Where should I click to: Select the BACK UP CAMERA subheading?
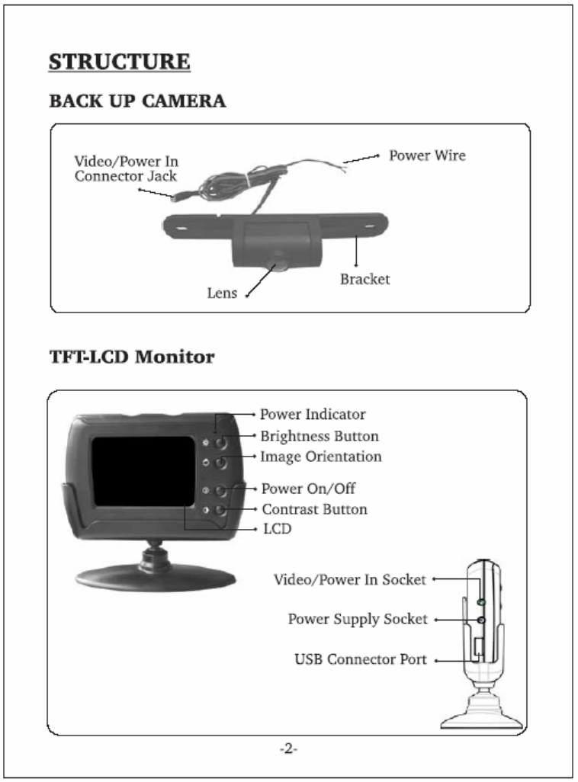tap(137, 101)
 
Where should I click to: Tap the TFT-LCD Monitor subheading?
tap(131, 356)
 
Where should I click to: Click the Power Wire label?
tap(427, 155)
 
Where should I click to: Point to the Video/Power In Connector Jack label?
tap(126, 168)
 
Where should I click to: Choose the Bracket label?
tap(364, 279)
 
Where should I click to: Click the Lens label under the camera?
tap(222, 293)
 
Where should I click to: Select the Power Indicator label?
tap(313, 415)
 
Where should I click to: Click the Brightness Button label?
tap(320, 436)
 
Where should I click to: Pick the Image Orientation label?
tap(321, 457)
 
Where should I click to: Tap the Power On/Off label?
tap(308, 488)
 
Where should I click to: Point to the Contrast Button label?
tap(314, 508)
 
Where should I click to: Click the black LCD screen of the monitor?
tap(143, 472)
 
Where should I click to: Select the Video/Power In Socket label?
tap(350, 580)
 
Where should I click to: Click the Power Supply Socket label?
tap(358, 619)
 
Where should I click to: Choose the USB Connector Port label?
tap(361, 659)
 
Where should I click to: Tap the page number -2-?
tap(288, 749)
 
